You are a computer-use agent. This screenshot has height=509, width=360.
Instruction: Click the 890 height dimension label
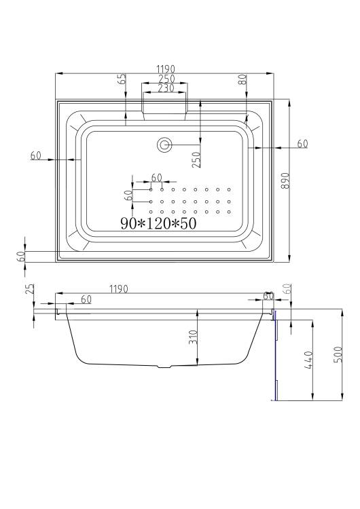point(285,181)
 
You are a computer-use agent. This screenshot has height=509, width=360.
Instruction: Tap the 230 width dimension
point(166,88)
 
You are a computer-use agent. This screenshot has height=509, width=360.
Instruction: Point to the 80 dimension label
point(242,79)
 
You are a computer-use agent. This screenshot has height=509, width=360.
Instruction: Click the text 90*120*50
point(158,223)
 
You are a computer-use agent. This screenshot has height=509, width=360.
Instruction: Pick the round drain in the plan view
point(164,145)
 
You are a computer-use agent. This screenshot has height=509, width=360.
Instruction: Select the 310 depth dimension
point(193,337)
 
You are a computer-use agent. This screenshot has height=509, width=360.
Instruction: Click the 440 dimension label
point(308,360)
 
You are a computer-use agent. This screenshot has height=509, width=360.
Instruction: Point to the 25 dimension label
point(30,288)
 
